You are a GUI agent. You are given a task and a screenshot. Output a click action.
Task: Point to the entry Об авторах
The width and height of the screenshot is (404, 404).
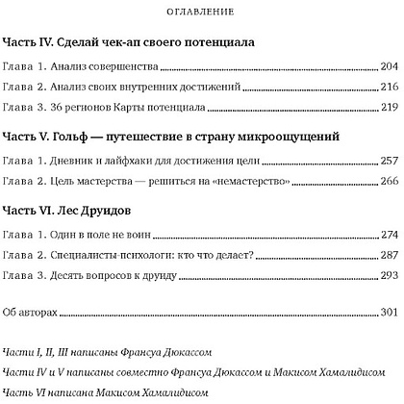pos(32,313)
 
